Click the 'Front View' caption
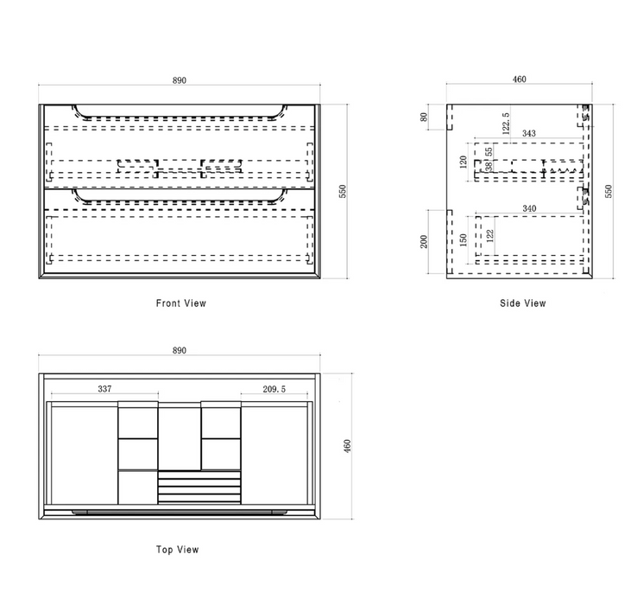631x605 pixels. tap(181, 303)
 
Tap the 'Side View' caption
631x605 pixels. tap(523, 303)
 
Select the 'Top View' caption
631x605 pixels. tap(178, 550)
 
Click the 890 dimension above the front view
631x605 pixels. tap(180, 80)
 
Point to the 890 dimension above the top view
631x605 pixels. tap(180, 350)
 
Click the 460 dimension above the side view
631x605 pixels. tap(519, 79)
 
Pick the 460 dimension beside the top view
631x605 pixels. tap(347, 445)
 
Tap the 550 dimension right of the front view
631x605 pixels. tap(343, 191)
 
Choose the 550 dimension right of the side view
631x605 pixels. tap(609, 191)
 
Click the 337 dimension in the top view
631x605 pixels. tap(104, 389)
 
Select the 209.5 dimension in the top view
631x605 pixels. tap(274, 389)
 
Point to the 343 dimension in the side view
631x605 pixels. tap(529, 133)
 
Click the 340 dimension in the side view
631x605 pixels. tap(529, 208)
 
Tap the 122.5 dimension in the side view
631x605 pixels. tap(506, 123)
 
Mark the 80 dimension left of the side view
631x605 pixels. tap(423, 117)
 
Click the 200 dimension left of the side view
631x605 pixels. tap(423, 242)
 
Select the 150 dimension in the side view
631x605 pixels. tap(464, 239)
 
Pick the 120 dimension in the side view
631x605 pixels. tap(464, 162)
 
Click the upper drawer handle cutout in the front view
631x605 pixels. tap(180, 118)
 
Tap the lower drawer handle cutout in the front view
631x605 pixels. tap(180, 201)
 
